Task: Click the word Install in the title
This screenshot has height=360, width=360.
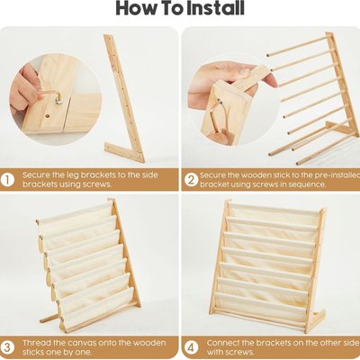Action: [216, 8]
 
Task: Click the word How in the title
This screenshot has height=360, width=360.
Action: [136, 8]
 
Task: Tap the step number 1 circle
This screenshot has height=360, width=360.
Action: [7, 180]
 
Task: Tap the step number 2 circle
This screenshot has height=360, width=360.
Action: [191, 180]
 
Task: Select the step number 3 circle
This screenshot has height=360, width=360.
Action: [7, 347]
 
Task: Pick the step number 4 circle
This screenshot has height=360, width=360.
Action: [191, 347]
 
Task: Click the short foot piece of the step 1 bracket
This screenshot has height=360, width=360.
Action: [124, 152]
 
